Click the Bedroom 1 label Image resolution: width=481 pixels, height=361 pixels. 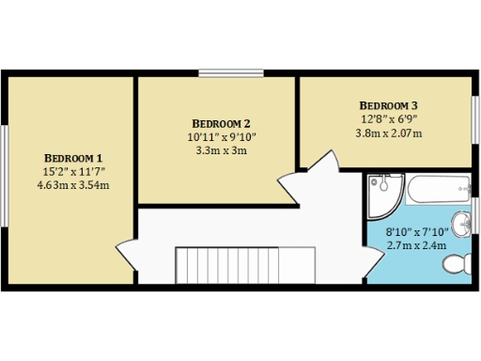point(73,157)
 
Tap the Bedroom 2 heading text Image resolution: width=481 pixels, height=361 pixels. point(221,123)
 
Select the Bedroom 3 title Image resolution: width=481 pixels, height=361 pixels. point(388,104)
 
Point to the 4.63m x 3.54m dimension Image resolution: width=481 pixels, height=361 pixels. point(73,185)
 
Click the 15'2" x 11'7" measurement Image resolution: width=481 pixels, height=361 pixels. point(73,171)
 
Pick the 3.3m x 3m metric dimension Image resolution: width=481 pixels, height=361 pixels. point(221,150)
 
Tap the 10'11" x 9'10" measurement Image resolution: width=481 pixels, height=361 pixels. point(221,137)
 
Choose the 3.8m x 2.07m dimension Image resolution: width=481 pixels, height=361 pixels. point(388,133)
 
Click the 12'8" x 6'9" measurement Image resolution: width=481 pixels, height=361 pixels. point(388,118)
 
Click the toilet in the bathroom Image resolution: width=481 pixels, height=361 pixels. point(457,262)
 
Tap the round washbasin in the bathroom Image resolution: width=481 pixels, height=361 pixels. point(461,223)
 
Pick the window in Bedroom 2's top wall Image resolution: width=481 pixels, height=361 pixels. point(231,73)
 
